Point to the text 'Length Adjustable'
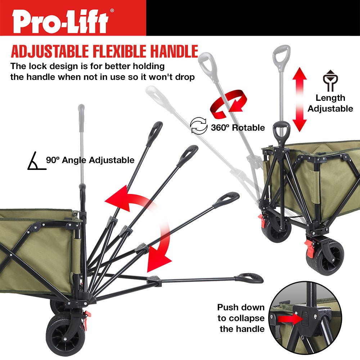tap(330, 103)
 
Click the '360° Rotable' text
tap(238, 127)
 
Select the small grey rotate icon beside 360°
tap(199, 126)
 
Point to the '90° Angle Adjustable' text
tap(90, 160)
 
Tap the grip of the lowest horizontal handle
tap(249, 278)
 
